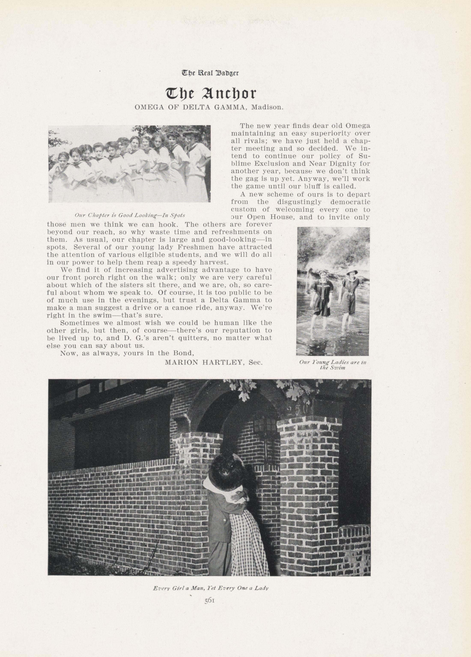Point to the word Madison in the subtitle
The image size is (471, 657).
[267, 107]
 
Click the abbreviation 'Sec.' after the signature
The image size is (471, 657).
[256, 362]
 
